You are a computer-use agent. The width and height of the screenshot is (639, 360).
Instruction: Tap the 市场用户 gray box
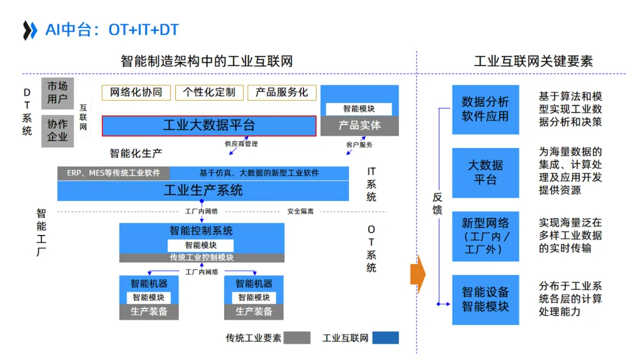[x=57, y=93]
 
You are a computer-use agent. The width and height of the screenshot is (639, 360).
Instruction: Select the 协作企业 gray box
[x=57, y=131]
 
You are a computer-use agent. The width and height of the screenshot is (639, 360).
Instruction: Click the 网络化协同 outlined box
[x=136, y=92]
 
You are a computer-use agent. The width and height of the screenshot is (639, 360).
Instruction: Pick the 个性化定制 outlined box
[x=209, y=92]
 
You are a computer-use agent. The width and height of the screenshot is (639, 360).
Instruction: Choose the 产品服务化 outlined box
[x=282, y=92]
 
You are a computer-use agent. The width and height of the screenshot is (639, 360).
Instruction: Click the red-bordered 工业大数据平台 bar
[x=209, y=126]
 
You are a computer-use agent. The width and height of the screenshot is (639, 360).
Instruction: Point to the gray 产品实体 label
[x=360, y=126]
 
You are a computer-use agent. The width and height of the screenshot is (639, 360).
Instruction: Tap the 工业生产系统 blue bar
[x=203, y=191]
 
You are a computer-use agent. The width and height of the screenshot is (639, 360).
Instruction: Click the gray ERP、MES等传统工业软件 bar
[x=114, y=173]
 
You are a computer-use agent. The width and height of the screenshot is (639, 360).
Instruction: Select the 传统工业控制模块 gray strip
[x=202, y=258]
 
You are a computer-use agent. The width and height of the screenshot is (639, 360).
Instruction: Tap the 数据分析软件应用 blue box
[x=485, y=110]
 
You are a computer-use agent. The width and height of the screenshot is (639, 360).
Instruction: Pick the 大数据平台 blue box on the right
[x=485, y=172]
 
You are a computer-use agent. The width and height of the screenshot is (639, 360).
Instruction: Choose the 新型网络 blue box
[x=485, y=236]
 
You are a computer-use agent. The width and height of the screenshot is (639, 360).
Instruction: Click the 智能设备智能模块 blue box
[x=485, y=299]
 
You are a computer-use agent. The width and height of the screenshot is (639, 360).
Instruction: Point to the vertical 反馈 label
[x=437, y=204]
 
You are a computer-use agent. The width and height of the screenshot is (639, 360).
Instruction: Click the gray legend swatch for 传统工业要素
[x=297, y=338]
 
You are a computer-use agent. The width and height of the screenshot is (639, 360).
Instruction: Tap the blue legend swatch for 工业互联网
[x=385, y=338]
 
